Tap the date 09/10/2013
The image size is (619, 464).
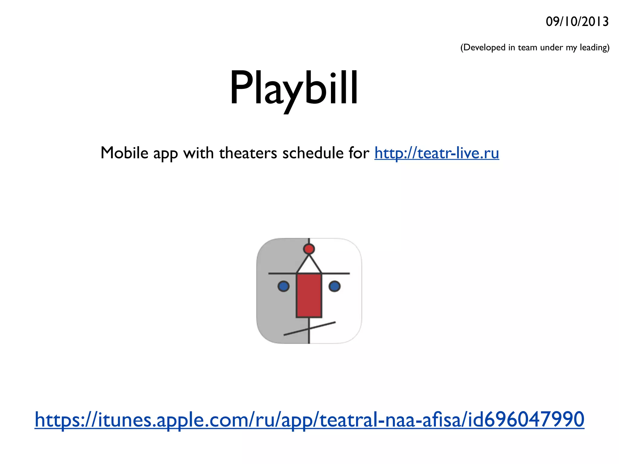577,22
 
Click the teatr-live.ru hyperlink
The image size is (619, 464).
436,153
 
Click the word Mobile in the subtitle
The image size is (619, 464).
124,153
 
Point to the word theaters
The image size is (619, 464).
248,153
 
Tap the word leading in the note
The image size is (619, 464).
593,48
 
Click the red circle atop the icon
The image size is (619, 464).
309,249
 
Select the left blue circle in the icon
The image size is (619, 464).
283,286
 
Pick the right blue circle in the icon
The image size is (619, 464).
334,286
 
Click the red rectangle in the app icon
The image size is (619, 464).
309,295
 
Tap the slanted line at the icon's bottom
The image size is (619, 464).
320,326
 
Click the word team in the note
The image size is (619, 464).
528,47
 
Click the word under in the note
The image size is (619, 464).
552,47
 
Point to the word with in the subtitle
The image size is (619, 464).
199,153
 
